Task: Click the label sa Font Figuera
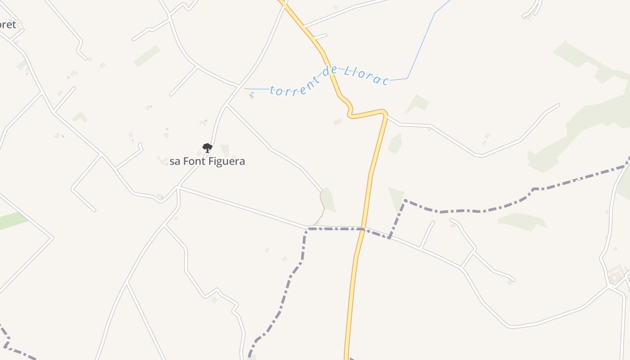click(x=207, y=161)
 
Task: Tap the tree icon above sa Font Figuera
click(x=207, y=148)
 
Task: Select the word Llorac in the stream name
click(x=366, y=76)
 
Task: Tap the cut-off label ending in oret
click(x=7, y=24)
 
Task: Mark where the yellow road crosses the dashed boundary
click(x=361, y=229)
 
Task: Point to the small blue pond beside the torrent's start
click(x=251, y=95)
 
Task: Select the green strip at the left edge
click(x=11, y=221)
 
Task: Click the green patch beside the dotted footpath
click(x=328, y=199)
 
